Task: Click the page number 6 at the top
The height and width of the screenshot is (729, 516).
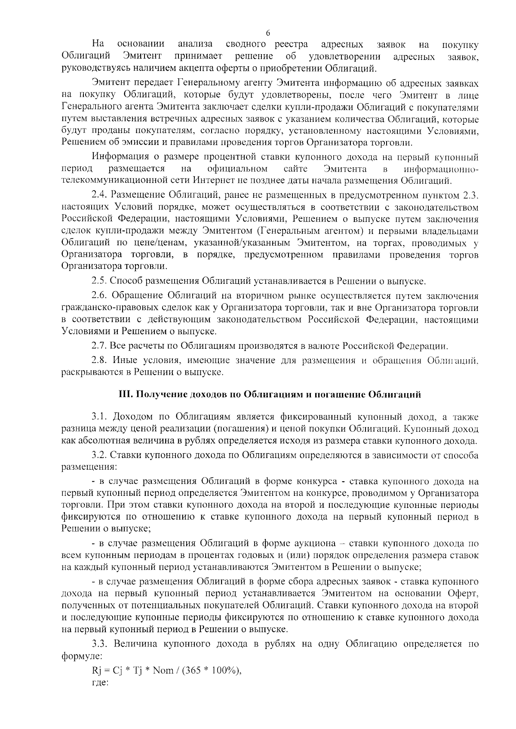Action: point(268,33)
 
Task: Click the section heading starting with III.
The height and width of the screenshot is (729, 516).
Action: point(270,394)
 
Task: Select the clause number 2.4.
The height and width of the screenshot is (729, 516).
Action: point(99,196)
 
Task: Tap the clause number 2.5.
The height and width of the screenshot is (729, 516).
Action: point(99,282)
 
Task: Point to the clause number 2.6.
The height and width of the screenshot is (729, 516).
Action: point(99,296)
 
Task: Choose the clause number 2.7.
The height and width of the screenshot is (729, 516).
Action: point(99,346)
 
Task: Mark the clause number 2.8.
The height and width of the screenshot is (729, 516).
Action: point(99,360)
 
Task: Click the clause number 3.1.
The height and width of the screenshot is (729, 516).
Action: point(99,417)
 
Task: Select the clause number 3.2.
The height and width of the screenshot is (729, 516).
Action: point(99,455)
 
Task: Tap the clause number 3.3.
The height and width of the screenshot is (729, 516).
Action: point(99,644)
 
